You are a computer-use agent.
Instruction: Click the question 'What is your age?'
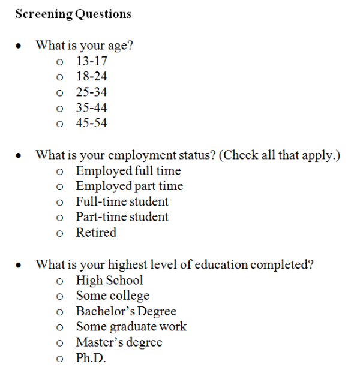(x=84, y=45)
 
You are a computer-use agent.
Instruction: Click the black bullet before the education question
(x=20, y=265)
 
